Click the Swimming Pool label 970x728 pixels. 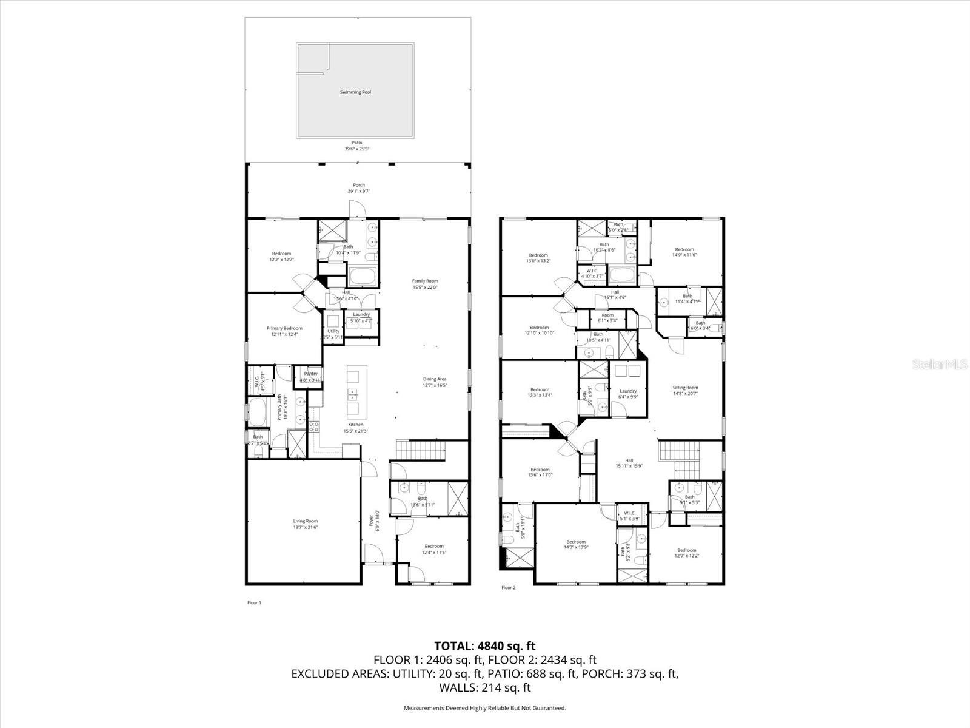pos(355,92)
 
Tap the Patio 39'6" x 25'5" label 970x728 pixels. pos(357,146)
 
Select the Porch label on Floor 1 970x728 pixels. pos(359,188)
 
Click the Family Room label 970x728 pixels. pos(425,284)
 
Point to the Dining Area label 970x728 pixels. pos(435,382)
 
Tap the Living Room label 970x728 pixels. pos(306,524)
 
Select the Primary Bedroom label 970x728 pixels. pos(284,331)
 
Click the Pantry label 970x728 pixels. pos(310,377)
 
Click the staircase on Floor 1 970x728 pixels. pos(421,451)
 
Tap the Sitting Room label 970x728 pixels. pos(685,391)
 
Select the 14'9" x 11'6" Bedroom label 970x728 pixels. pos(684,252)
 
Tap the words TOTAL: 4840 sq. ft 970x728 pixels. pos(484,646)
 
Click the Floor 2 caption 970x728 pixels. pos(508,588)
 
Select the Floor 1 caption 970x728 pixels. pos(254,602)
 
